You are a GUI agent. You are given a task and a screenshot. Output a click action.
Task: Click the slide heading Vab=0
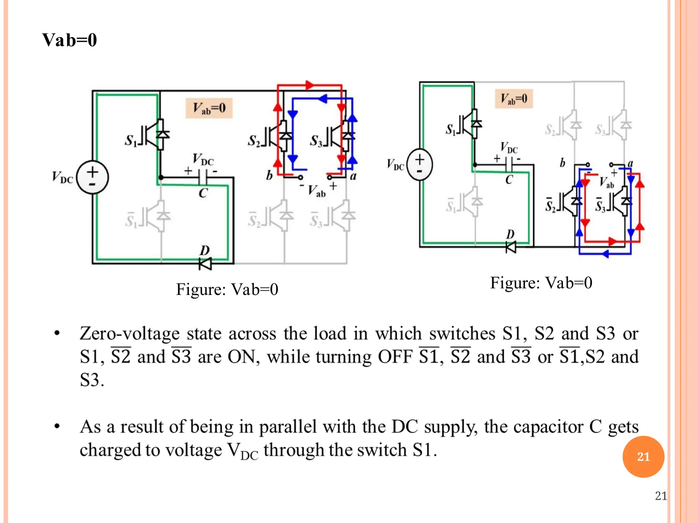click(70, 40)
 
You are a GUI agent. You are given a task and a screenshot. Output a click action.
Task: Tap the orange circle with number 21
click(643, 456)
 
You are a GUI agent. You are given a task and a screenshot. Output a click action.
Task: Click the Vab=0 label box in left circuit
click(209, 108)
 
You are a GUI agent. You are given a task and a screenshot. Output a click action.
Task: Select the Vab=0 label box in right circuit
click(514, 99)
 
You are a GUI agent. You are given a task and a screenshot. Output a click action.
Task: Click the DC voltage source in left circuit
click(92, 177)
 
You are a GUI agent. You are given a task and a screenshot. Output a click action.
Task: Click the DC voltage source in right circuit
click(420, 164)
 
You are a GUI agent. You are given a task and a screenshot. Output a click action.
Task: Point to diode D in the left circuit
click(205, 263)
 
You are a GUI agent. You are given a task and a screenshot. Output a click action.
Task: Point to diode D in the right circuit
click(511, 247)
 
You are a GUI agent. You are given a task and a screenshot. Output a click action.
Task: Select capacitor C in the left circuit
click(203, 177)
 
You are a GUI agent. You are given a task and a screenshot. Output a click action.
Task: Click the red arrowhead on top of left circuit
click(309, 85)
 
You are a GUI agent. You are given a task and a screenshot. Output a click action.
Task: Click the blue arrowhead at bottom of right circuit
click(605, 254)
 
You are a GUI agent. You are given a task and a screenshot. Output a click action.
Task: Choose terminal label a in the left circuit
click(353, 176)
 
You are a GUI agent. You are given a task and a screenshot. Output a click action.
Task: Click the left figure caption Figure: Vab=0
click(227, 289)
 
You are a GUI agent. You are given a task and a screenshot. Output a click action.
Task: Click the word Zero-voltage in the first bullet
click(130, 334)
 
